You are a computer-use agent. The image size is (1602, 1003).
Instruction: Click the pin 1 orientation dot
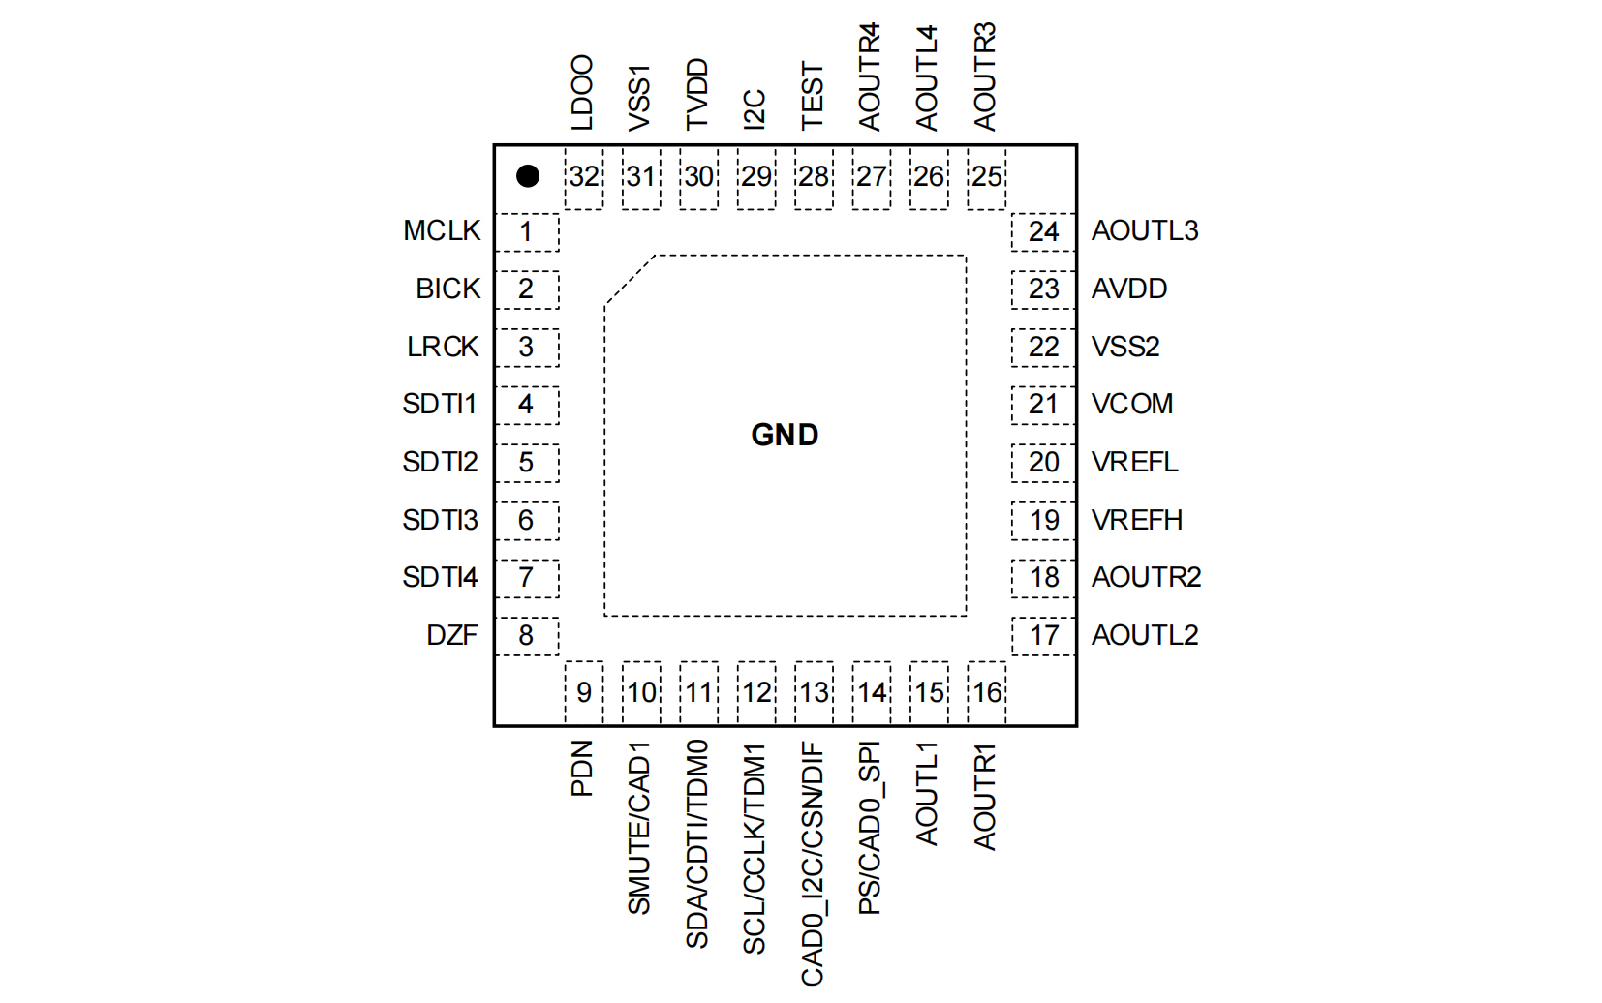(x=528, y=176)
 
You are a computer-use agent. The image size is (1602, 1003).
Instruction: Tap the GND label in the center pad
(x=785, y=435)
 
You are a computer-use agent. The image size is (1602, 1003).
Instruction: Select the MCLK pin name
(x=442, y=231)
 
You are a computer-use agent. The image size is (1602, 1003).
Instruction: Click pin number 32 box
(x=584, y=177)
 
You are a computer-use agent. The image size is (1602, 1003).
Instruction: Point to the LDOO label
(x=582, y=93)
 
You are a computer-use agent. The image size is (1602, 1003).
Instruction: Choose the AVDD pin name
(x=1129, y=289)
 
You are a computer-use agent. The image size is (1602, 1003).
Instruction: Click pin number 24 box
(x=1043, y=232)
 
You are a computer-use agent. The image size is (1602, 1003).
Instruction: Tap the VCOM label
(x=1132, y=404)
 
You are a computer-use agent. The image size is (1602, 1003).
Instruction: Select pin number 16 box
(x=987, y=692)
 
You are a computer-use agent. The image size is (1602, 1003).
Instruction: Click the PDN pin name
(x=582, y=769)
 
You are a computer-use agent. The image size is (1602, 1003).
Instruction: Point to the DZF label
(x=452, y=635)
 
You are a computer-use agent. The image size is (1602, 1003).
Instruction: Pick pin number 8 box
(x=526, y=636)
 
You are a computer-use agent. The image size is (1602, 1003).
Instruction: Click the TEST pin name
(x=813, y=96)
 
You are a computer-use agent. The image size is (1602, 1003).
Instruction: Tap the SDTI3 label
(x=440, y=520)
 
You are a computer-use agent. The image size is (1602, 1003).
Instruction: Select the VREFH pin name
(x=1137, y=520)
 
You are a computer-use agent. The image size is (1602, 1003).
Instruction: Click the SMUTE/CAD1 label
(x=639, y=829)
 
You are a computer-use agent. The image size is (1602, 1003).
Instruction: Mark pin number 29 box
(x=756, y=177)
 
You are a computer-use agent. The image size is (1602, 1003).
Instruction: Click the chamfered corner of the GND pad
(x=630, y=280)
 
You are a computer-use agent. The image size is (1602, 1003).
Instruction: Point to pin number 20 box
(x=1043, y=463)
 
